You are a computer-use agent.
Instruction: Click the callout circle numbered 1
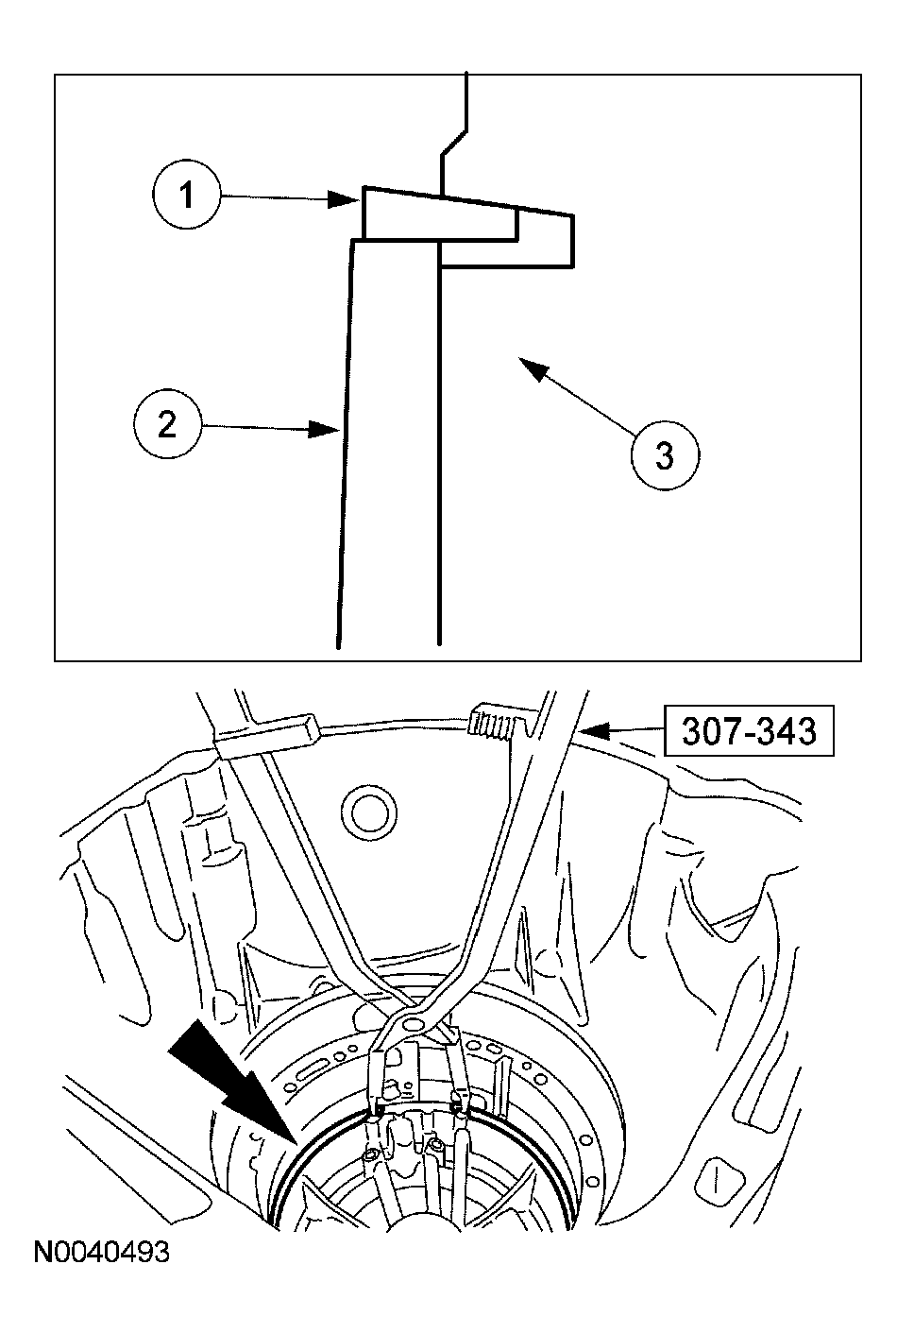[187, 194]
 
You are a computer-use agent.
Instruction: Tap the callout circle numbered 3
[665, 456]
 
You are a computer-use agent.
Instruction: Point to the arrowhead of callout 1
[344, 199]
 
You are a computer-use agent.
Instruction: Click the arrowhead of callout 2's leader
[324, 429]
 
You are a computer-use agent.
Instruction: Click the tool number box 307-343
[749, 731]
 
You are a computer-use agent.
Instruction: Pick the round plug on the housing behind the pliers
[369, 812]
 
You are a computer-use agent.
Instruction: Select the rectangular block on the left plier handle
[266, 736]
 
